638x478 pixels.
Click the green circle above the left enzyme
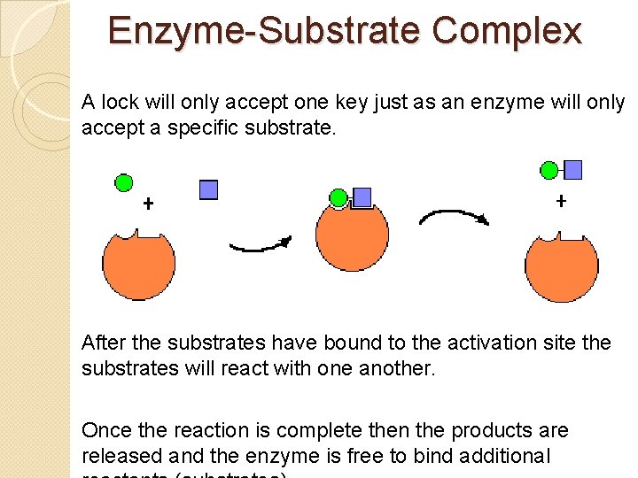[125, 183]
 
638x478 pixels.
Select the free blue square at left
[209, 189]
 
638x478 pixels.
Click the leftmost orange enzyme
[139, 266]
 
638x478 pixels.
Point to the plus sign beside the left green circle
[148, 204]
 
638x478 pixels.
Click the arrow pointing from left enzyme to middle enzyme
[261, 243]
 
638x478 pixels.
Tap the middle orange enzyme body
[352, 237]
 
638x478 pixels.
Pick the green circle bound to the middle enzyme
[338, 197]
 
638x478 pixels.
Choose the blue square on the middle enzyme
[362, 197]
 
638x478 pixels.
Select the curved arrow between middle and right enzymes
[454, 217]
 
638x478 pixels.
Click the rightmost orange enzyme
[562, 267]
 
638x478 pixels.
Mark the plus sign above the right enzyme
[561, 201]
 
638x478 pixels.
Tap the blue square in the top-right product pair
[573, 169]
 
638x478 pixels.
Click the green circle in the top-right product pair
[549, 170]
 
